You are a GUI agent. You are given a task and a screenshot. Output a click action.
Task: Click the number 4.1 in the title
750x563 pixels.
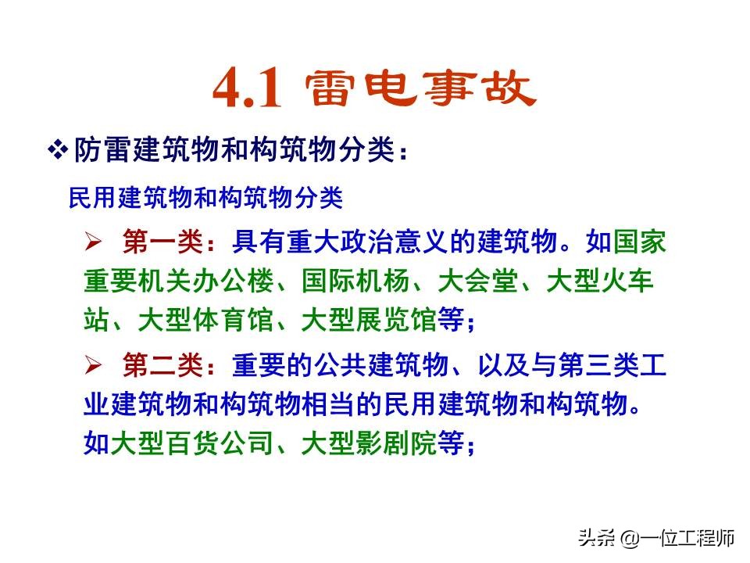[246, 90]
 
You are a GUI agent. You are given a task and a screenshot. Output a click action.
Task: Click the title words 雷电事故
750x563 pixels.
[420, 88]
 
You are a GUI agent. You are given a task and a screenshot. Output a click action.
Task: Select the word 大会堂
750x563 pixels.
[477, 281]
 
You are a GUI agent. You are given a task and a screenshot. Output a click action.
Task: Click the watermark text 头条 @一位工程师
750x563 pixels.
[655, 538]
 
